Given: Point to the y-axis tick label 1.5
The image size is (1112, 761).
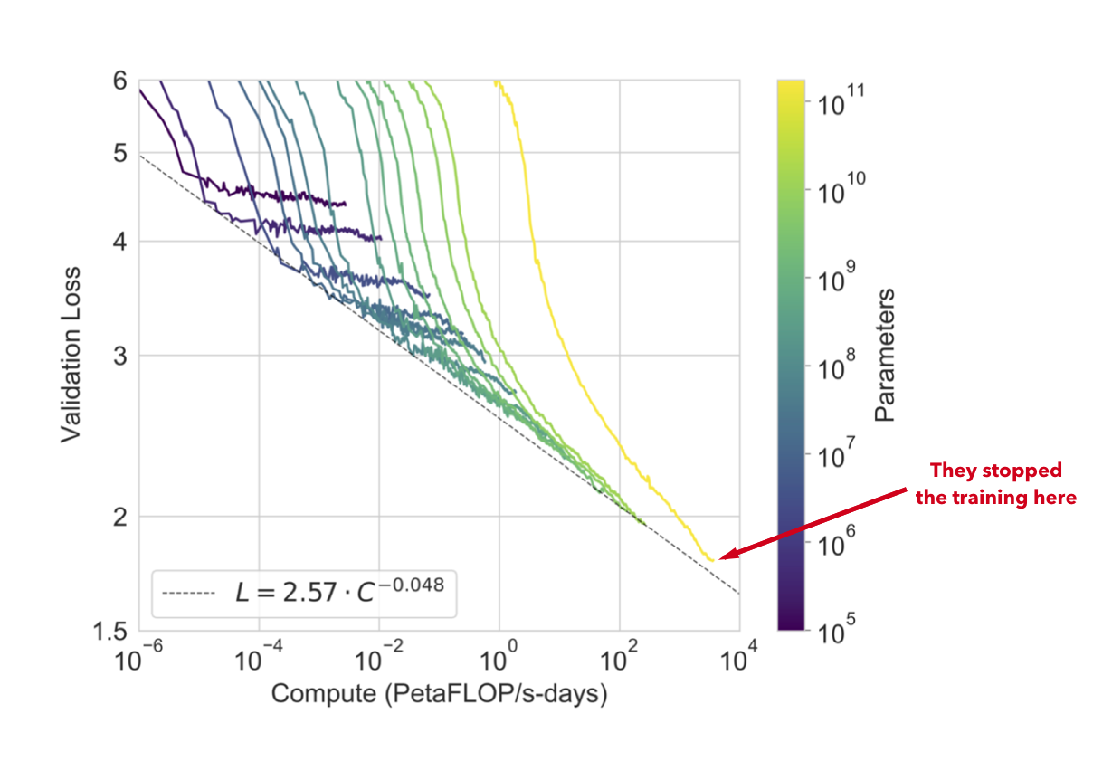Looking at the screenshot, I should click(110, 632).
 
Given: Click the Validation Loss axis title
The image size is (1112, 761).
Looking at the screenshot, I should click(71, 355).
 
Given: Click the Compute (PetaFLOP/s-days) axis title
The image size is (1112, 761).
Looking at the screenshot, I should click(439, 694).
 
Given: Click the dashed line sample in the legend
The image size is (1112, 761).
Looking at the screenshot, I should click(188, 593).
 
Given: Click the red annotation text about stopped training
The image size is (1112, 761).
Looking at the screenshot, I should click(995, 484).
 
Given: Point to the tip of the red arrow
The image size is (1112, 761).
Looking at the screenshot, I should click(718, 558).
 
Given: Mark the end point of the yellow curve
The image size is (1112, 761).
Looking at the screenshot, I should click(712, 560).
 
